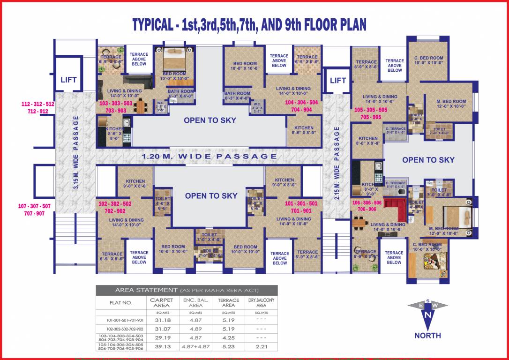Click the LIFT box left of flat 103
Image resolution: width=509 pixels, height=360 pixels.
[x=68, y=80]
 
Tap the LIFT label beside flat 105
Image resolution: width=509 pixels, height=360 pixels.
[x=338, y=80]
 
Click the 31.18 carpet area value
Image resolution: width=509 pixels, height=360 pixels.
[x=161, y=320]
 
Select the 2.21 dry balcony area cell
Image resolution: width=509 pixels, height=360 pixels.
[x=262, y=346]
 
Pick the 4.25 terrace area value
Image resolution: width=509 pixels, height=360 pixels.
[x=228, y=337]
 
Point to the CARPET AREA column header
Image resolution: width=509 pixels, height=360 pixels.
[x=161, y=302]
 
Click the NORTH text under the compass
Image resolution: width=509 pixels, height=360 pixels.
[x=427, y=335]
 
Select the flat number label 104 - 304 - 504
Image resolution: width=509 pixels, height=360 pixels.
[x=301, y=102]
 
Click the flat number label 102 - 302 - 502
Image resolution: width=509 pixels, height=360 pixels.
[x=115, y=204]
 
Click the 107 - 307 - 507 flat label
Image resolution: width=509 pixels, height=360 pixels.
[x=34, y=206]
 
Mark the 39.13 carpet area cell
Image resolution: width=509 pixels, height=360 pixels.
[x=161, y=346]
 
